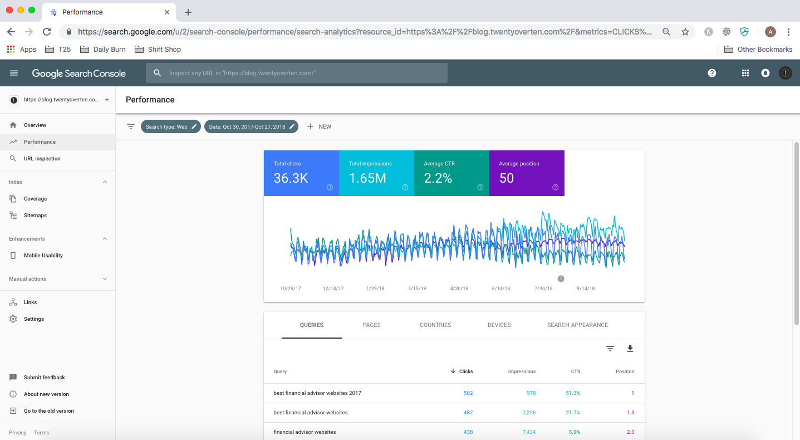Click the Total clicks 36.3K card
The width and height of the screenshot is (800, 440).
click(x=301, y=173)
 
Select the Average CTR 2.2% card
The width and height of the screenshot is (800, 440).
click(x=451, y=173)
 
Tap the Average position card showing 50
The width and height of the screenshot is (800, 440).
click(x=526, y=173)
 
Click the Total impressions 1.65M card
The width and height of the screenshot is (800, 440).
click(x=376, y=173)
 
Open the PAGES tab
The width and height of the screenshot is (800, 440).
click(x=371, y=325)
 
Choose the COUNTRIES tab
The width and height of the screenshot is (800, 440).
click(x=435, y=325)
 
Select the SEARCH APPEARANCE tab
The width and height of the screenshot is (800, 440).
click(x=577, y=325)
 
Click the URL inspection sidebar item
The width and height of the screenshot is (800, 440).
click(x=42, y=159)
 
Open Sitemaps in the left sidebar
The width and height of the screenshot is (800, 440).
click(x=35, y=216)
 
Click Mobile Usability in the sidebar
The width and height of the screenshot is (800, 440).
click(x=43, y=256)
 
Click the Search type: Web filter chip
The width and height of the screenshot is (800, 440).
click(x=170, y=126)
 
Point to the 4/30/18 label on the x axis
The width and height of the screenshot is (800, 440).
click(x=459, y=289)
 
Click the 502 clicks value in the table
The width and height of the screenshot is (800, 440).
click(x=468, y=393)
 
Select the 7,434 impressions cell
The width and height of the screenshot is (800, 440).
click(x=529, y=432)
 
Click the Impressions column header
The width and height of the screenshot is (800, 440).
click(x=522, y=371)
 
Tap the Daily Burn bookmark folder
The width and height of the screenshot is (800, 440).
click(x=104, y=49)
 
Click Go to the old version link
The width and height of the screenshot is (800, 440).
click(x=48, y=411)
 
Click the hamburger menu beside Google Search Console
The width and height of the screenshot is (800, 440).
click(x=14, y=73)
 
